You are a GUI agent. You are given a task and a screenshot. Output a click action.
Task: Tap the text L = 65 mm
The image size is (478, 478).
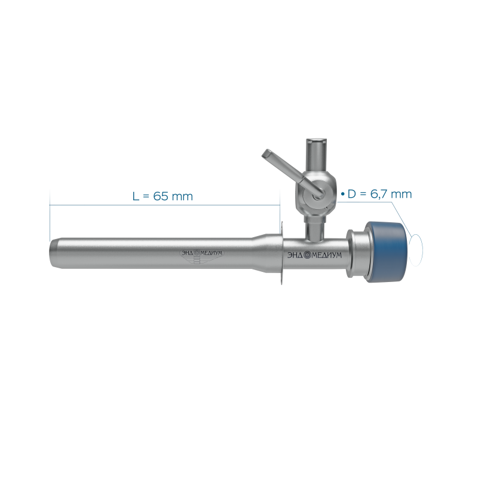[163, 196]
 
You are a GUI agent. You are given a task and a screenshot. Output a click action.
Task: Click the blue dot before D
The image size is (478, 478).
[342, 194]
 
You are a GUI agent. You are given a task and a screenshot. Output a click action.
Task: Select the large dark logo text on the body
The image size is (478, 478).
[315, 255]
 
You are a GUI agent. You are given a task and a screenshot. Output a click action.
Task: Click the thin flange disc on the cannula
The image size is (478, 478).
[282, 253]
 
